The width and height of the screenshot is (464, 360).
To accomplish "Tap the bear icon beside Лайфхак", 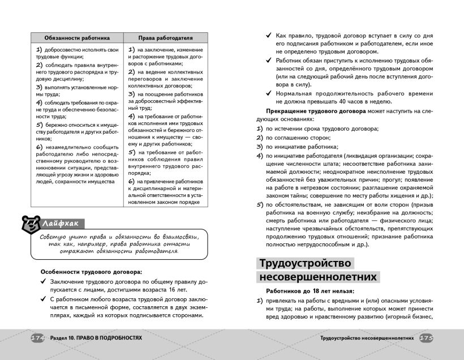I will point(27,224).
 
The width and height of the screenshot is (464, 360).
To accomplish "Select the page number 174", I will point(37,338).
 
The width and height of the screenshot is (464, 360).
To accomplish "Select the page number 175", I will point(426,338).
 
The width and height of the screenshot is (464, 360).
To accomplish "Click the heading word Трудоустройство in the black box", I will point(305,263).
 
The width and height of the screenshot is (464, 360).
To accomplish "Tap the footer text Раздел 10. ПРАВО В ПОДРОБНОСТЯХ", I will point(95,338).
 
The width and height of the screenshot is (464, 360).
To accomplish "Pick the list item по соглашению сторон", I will point(298,138).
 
